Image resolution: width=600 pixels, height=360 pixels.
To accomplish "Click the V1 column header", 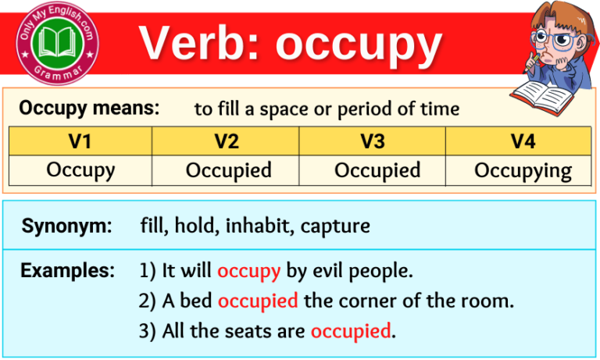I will coord(80,141).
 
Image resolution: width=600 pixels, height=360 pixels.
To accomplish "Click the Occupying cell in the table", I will coord(523,171).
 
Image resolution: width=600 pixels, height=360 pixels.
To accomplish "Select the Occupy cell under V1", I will coord(80,170).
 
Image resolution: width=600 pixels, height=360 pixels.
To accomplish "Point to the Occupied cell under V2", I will coord(228,170).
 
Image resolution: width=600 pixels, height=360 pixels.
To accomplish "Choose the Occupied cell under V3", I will coord(377,170).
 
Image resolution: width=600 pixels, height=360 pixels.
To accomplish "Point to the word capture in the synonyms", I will coord(335,227).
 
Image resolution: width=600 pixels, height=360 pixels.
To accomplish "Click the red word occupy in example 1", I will coord(248,272).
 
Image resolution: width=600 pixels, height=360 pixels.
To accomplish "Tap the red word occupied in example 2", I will coord(258,301).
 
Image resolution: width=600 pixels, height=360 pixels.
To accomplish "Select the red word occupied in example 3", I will coord(350,330).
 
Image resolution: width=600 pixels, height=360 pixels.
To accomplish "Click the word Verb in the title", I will coord(200,45).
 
